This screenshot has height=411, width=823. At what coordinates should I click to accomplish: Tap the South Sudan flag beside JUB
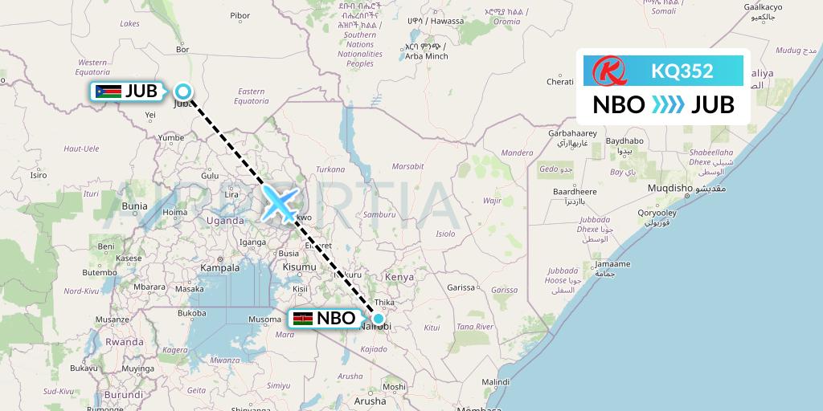[109, 92]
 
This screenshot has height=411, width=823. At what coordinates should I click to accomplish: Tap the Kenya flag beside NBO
[303, 319]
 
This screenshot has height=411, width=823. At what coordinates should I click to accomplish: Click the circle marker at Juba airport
[183, 92]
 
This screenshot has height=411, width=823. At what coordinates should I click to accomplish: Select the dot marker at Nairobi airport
[378, 319]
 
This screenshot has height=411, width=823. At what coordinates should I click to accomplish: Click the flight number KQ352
[682, 71]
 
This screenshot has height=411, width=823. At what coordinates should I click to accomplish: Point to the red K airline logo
[607, 71]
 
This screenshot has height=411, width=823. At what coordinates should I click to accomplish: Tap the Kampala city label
[219, 267]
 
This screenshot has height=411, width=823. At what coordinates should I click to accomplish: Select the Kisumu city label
[299, 267]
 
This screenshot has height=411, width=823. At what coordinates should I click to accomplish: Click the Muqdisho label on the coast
[670, 189]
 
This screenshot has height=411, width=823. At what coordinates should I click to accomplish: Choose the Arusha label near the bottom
[370, 401]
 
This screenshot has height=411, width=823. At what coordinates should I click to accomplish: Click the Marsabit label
[407, 166]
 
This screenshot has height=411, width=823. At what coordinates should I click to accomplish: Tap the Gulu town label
[210, 175]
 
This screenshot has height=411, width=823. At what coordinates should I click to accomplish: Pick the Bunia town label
[133, 205]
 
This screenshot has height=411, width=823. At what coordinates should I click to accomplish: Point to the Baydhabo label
[624, 141]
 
